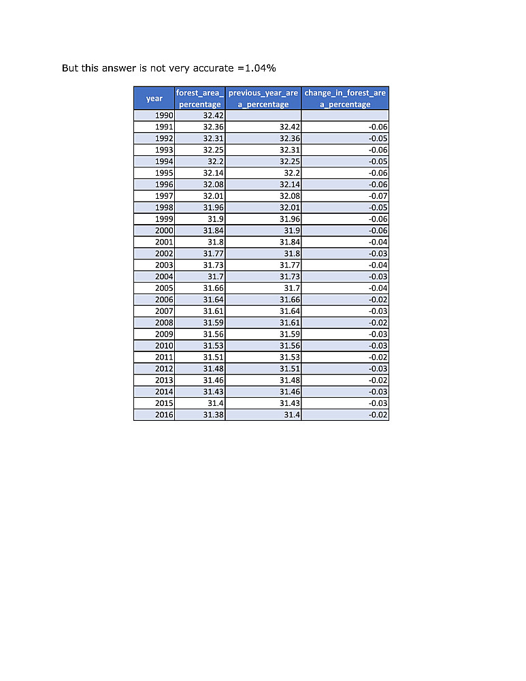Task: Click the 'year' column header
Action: tap(154, 99)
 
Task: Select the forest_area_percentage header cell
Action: tap(200, 98)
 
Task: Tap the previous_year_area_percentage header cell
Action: tap(263, 98)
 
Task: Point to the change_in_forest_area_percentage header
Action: tap(345, 98)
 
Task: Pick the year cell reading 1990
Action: tap(164, 115)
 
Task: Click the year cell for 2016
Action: tap(164, 415)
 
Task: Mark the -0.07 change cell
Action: tap(378, 196)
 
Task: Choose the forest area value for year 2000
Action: tap(214, 231)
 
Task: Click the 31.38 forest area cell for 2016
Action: tap(214, 415)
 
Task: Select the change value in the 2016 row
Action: tap(378, 415)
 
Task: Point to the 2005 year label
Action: tap(164, 288)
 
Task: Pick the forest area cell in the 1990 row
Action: tap(214, 115)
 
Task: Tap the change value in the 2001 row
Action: tap(378, 242)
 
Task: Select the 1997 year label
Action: tap(164, 196)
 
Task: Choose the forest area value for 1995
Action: tap(214, 173)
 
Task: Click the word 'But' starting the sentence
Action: tap(70, 68)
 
